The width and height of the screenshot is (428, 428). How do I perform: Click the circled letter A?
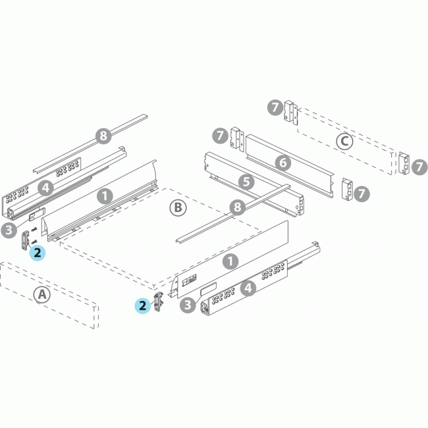coord(41,294)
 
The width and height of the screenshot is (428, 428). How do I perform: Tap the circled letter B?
coord(178,208)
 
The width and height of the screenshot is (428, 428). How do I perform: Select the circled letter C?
coord(344,140)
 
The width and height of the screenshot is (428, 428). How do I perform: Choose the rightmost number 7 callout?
coord(419,167)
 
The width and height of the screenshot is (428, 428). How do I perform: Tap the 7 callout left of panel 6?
coord(221,136)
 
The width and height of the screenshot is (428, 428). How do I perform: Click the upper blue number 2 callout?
coord(38,252)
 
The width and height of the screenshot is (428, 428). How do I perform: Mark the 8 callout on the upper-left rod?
coord(102,136)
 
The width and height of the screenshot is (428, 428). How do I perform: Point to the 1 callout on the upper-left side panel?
coord(103,196)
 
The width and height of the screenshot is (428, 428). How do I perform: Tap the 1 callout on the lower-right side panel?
coord(230,261)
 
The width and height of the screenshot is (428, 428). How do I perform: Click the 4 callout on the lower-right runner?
coord(248,288)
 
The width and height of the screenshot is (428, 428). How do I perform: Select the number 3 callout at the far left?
coord(9,230)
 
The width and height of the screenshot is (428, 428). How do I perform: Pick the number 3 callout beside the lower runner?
coord(188,304)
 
